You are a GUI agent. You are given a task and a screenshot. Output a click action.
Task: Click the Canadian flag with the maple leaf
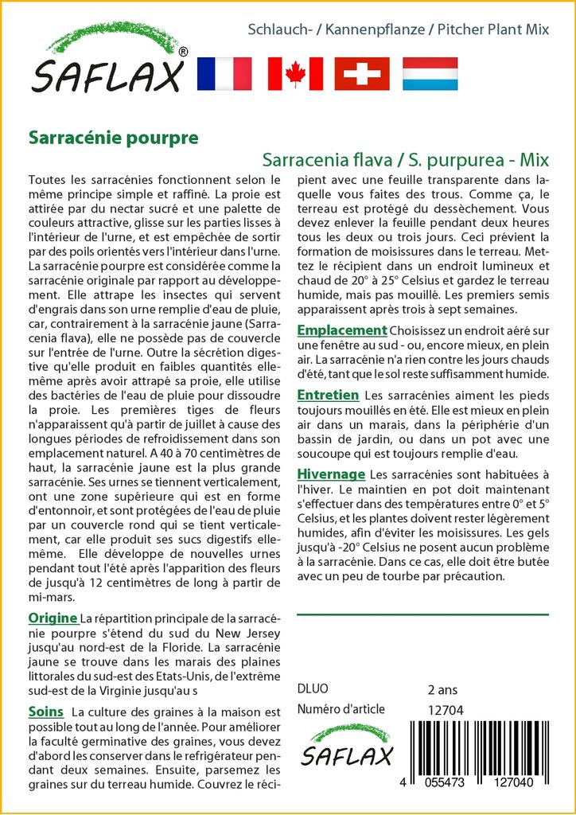tap(295, 73)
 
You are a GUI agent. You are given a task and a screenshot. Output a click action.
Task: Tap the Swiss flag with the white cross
tap(362, 73)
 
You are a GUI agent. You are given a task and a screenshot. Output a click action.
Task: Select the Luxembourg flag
tap(430, 73)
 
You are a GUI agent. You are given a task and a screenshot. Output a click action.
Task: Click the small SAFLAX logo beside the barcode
tap(346, 747)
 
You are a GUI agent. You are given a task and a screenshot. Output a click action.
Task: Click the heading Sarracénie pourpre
tap(113, 137)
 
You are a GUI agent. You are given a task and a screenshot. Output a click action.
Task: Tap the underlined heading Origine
tap(53, 618)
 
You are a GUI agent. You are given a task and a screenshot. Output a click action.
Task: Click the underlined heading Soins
tap(45, 711)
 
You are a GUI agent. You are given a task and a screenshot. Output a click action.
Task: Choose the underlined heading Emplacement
tap(342, 330)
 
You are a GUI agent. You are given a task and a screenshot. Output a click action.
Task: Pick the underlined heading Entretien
tap(328, 395)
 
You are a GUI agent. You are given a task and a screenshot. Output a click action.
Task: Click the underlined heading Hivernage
tap(331, 474)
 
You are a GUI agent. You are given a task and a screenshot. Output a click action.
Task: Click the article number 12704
tap(445, 710)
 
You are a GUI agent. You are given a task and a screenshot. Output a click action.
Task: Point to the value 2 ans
tap(442, 689)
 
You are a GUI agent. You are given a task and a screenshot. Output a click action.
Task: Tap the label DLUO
tap(312, 689)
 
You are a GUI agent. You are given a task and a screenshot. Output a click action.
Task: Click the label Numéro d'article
tap(341, 709)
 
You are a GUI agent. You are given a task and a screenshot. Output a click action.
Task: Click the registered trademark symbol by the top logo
tap(183, 53)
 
